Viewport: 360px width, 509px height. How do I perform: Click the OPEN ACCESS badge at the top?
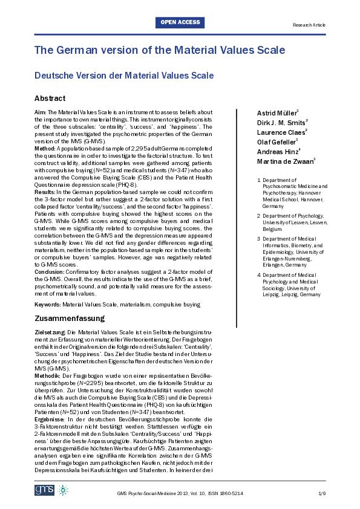(x=180, y=22)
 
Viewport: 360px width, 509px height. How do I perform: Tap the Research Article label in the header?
(x=309, y=25)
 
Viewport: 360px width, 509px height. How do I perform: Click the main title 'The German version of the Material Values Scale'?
(x=159, y=50)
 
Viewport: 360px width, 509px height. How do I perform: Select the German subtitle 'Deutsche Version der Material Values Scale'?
(x=124, y=76)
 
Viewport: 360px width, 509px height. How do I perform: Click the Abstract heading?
(x=50, y=99)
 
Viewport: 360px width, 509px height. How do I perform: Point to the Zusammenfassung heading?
(x=70, y=319)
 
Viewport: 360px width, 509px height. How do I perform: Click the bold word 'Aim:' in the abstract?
(x=41, y=112)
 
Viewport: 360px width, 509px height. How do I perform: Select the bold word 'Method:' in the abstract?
(x=45, y=148)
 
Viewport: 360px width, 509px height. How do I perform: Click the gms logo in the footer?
(x=44, y=490)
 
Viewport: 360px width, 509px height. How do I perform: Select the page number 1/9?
(x=321, y=494)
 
